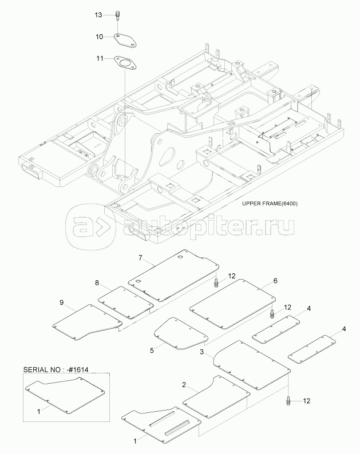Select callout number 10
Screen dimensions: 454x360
(98, 37)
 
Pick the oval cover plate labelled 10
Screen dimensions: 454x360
(124, 41)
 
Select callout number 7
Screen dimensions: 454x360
(139, 258)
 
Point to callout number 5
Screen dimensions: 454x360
(152, 350)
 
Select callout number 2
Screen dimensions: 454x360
(184, 384)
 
